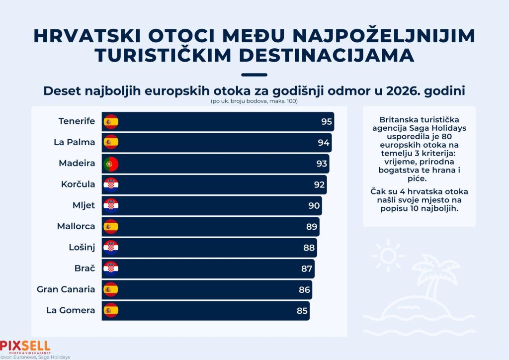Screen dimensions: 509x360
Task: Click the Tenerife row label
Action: tap(77, 121)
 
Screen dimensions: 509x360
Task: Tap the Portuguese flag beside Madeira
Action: tap(111, 164)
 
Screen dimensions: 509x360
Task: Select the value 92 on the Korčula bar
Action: tap(319, 184)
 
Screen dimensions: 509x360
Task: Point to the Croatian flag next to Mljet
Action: tap(111, 205)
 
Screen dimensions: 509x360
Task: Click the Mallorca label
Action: tap(76, 226)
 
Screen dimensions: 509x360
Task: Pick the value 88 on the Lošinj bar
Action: tap(309, 248)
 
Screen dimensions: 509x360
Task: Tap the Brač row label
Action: tap(85, 268)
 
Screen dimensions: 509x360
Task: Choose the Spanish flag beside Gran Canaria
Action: tap(111, 289)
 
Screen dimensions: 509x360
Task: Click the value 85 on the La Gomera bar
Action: tap(302, 311)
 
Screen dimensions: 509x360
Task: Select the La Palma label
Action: tap(75, 142)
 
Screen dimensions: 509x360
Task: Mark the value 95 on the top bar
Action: tap(327, 121)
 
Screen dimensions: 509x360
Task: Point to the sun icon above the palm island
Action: tap(388, 256)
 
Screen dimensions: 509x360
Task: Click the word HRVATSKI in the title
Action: tap(87, 36)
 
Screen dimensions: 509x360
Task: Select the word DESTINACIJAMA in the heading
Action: tap(327, 55)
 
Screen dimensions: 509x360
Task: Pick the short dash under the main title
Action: tap(254, 75)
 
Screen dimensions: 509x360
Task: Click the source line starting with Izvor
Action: tap(35, 357)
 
